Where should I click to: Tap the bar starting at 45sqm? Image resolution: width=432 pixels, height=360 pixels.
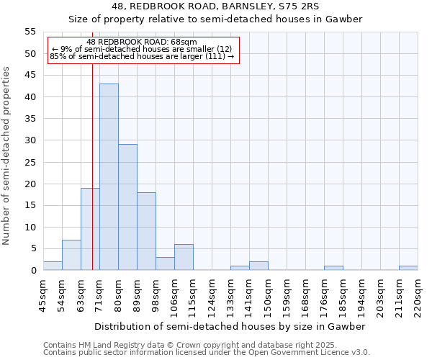[53, 266]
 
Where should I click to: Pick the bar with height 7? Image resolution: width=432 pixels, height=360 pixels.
[71, 255]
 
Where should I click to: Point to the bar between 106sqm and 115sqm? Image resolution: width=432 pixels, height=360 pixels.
[184, 257]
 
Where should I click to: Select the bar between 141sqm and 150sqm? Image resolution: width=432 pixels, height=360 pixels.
[258, 266]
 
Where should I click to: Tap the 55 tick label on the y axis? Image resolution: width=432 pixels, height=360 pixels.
[30, 32]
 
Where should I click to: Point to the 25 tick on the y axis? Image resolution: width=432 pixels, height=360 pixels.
[30, 162]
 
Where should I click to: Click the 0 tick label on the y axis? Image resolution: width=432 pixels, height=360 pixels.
[32, 271]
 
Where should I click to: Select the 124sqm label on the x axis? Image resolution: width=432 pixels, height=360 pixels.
[212, 295]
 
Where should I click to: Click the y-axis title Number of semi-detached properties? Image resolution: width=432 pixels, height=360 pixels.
[6, 155]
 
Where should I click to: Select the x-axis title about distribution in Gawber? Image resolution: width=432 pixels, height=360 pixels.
[230, 326]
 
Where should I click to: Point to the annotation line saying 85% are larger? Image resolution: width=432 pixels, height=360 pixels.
[142, 56]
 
